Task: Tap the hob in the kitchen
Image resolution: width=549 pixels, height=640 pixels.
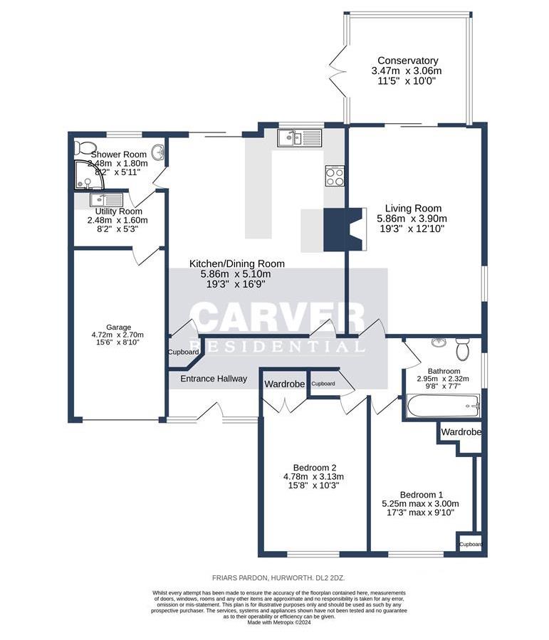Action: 335,175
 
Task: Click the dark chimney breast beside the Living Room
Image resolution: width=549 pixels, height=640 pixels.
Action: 335,229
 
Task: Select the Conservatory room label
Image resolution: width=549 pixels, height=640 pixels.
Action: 407,61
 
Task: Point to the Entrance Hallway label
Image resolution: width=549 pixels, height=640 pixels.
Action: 213,379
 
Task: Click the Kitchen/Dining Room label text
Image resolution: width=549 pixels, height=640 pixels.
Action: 229,263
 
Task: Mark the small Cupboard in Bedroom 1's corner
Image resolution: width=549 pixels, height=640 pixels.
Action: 471,544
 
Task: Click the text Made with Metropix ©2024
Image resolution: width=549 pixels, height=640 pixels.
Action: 279,621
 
